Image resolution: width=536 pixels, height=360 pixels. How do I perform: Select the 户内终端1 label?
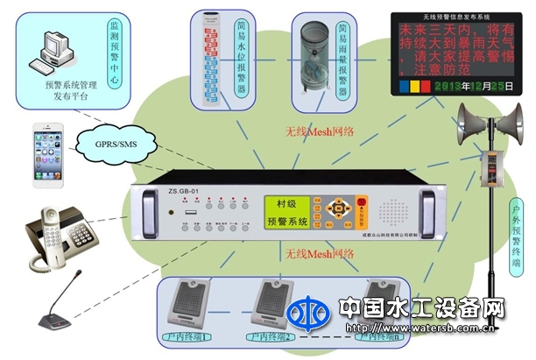[181, 334]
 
